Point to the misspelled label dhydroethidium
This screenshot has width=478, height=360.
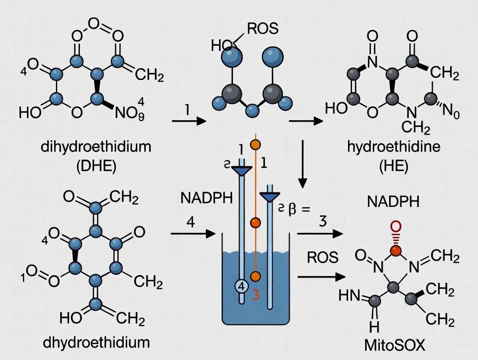[96, 342]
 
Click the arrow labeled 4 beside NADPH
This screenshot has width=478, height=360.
[193, 234]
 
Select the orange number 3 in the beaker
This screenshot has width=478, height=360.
[255, 296]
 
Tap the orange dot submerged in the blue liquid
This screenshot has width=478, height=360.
[255, 276]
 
